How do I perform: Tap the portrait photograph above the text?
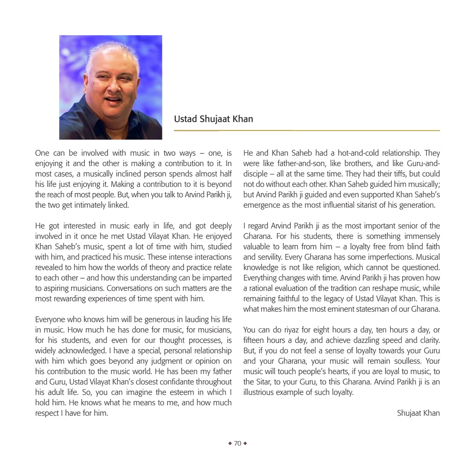pyautogui.click(x=111, y=87)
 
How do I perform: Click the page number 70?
pyautogui.click(x=237, y=443)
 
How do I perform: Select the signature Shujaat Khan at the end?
pyautogui.click(x=418, y=413)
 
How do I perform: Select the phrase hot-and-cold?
pyautogui.click(x=353, y=153)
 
